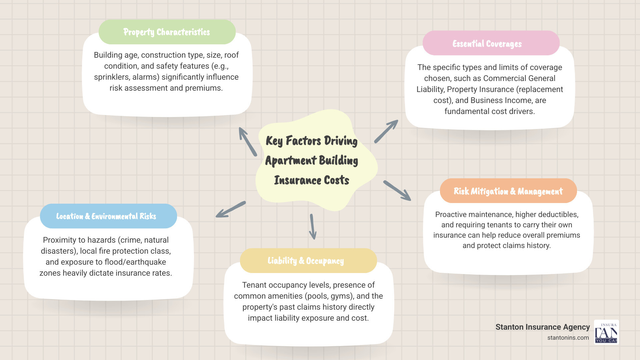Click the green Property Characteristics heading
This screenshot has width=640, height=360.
[167, 32]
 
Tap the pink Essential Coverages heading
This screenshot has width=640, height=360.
[487, 44]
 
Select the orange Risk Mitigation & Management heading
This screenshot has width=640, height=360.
[508, 191]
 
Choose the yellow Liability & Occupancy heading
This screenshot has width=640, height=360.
[306, 261]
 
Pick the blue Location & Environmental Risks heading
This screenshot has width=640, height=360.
[106, 216]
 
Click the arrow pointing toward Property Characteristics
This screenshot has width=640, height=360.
[247, 141]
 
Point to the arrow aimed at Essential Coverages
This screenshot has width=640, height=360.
[386, 132]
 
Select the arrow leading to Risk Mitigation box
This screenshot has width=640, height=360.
[397, 191]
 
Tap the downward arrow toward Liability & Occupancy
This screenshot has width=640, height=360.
[313, 227]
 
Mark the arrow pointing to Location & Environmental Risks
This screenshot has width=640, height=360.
[231, 209]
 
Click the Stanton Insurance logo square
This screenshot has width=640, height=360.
[606, 332]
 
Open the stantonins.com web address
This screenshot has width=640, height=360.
[568, 338]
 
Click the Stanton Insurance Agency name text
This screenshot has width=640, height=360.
[542, 327]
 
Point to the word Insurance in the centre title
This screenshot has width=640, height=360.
[293, 180]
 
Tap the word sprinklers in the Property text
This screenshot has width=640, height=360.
[112, 77]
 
